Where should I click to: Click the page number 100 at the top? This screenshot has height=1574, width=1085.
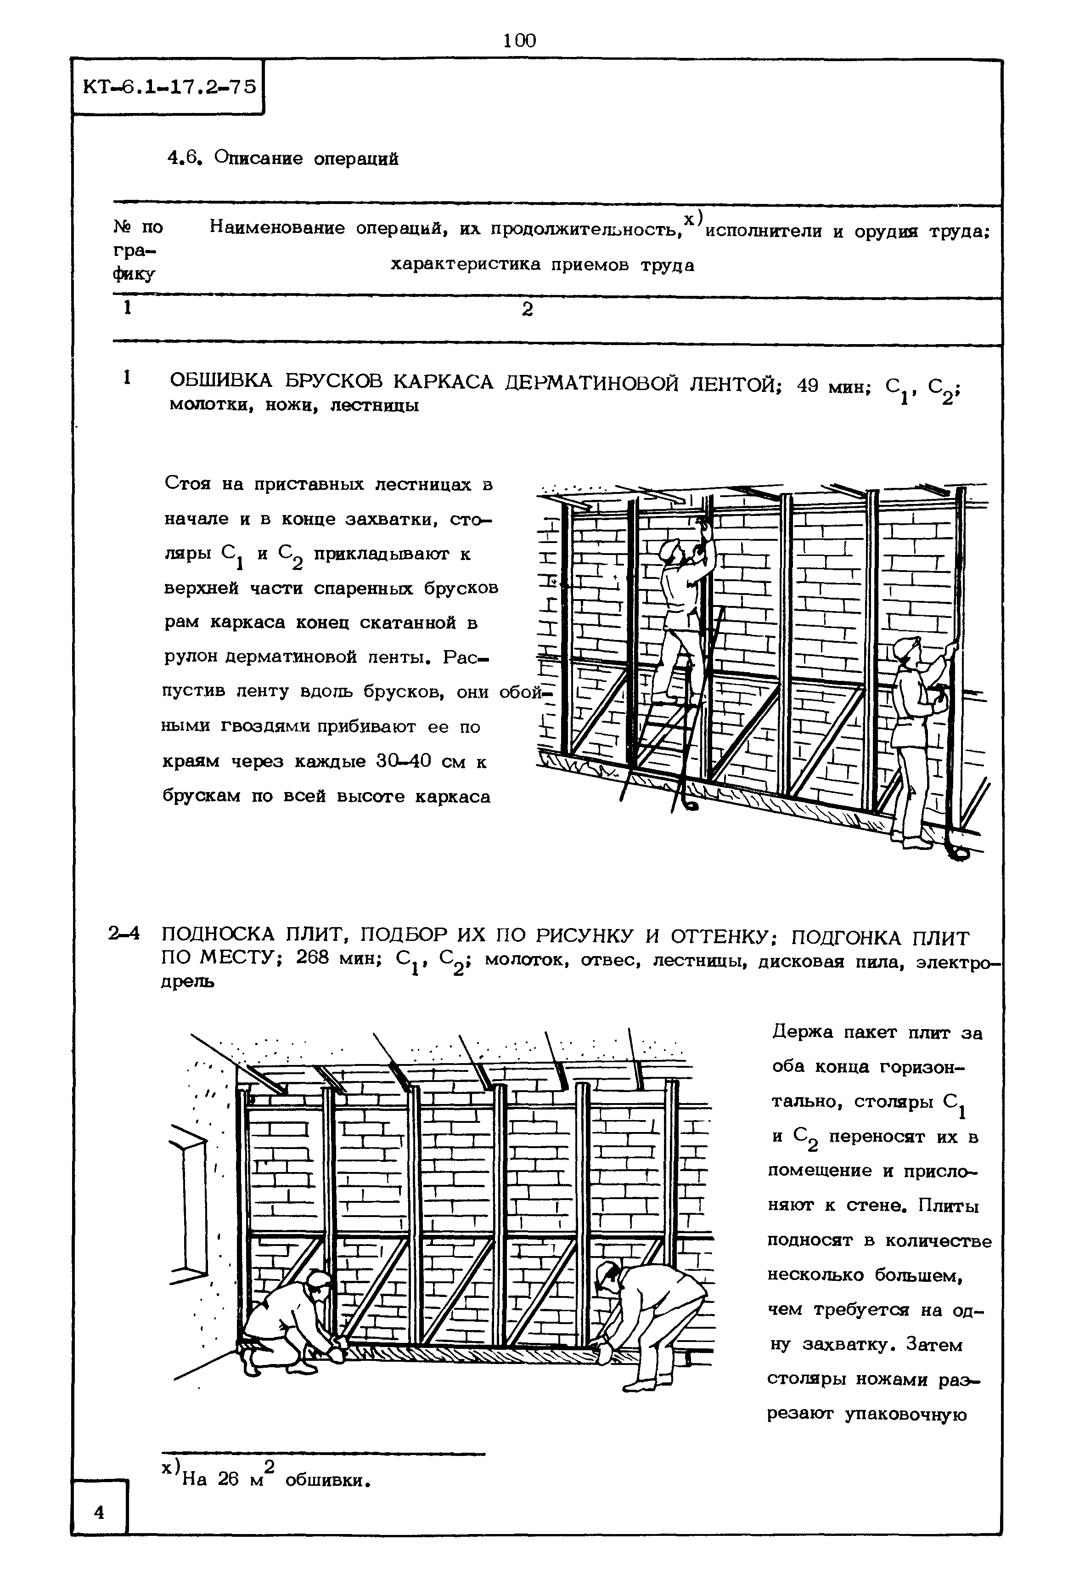[x=520, y=41]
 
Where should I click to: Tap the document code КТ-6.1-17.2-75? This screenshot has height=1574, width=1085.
[x=169, y=87]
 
